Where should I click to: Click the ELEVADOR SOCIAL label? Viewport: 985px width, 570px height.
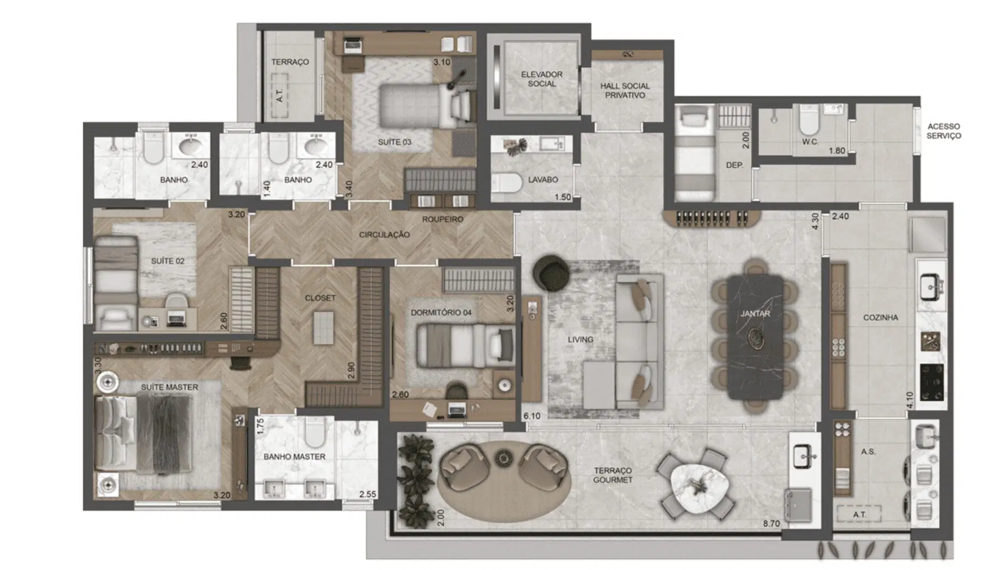(542, 79)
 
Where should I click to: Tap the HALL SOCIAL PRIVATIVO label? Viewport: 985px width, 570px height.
(625, 91)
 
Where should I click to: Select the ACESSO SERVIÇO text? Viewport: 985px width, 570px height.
(943, 131)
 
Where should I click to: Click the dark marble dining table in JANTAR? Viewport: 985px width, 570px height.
(756, 337)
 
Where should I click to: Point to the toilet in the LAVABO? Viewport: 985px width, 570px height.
(506, 183)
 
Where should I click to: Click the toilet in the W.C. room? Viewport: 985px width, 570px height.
(809, 120)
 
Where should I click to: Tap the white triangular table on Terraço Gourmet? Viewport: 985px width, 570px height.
(700, 488)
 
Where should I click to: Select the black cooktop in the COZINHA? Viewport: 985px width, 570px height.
(932, 382)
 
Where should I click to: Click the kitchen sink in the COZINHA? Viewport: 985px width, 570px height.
(931, 286)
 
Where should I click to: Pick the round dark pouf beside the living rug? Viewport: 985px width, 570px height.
(551, 273)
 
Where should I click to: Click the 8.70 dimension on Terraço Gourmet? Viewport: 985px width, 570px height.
(771, 524)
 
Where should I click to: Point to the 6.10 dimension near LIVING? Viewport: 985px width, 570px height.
(532, 415)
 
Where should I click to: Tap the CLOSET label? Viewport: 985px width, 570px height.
(320, 298)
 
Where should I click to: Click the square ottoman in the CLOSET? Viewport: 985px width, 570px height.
(323, 328)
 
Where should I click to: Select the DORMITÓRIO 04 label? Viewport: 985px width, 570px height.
(441, 313)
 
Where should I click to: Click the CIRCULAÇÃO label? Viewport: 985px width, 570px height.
(385, 235)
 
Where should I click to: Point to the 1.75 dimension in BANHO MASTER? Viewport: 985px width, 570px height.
(260, 426)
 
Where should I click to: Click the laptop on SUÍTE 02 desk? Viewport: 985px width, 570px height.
(177, 319)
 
